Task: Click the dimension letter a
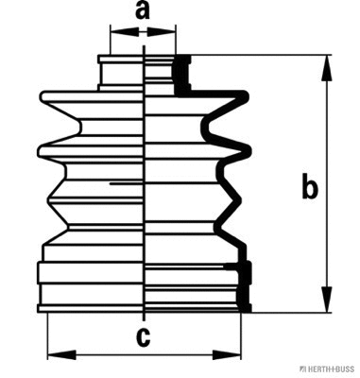[x=143, y=11]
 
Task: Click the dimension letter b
[x=308, y=189]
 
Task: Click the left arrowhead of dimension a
[x=116, y=33]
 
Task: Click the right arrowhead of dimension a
[x=169, y=33]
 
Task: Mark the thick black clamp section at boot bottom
[x=247, y=288]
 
